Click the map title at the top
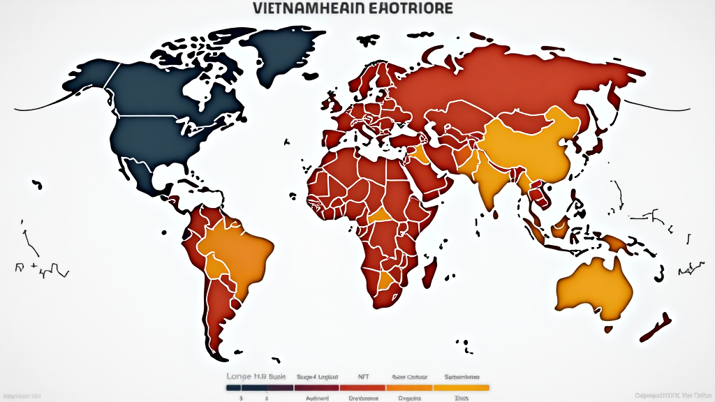tap(352, 8)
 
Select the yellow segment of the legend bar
tap(461, 387)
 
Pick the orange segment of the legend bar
tap(409, 387)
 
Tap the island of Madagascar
tap(431, 269)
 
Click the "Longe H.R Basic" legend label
tap(256, 376)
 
